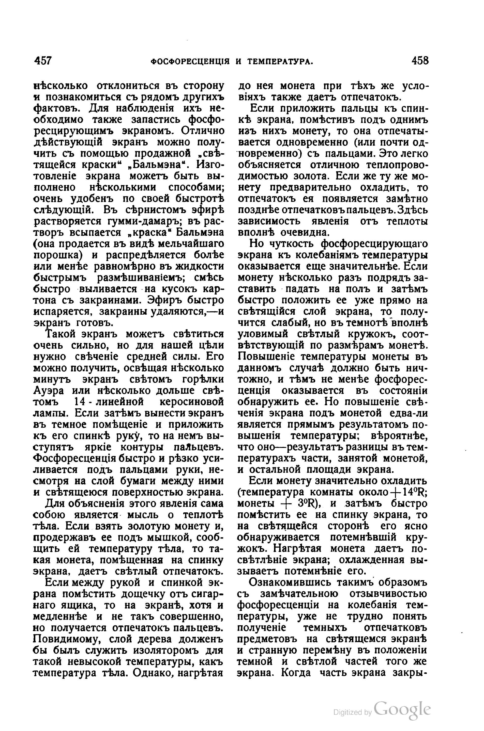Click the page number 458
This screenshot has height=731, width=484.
coord(420,60)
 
